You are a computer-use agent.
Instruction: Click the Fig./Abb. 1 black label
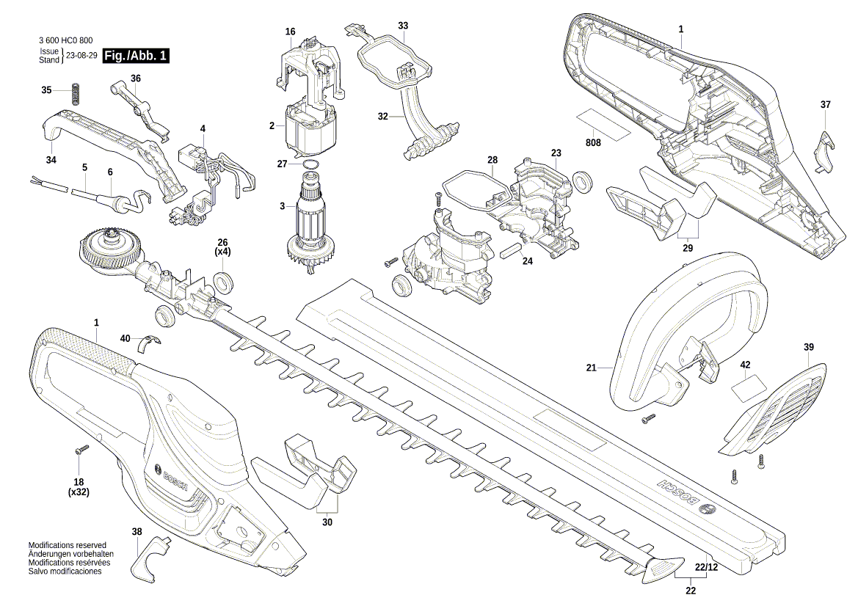[x=136, y=56]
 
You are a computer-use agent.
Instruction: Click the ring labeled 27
[x=310, y=164]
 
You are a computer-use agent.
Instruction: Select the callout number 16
[x=290, y=32]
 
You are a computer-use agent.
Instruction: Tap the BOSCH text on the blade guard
[x=676, y=492]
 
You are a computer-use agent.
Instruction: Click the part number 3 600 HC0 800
[x=65, y=41]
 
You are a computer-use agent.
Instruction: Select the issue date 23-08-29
[x=81, y=56]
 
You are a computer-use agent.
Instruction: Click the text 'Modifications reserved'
[x=68, y=546]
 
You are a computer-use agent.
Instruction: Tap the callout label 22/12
[x=706, y=567]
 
